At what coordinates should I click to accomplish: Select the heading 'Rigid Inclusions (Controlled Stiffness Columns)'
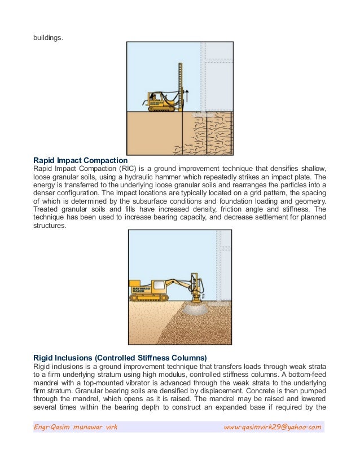click(x=120, y=357)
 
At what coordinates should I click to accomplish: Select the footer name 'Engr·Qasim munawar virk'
click(x=76, y=427)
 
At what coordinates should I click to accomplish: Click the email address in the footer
click(x=272, y=427)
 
